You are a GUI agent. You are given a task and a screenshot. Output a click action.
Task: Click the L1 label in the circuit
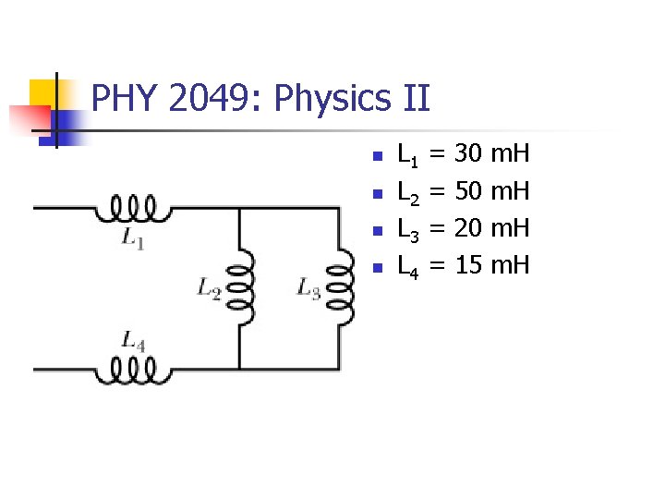click(x=133, y=238)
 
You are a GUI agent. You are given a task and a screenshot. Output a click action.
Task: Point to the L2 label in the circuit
click(x=209, y=288)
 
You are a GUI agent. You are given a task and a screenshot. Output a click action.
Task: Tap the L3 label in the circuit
click(x=308, y=288)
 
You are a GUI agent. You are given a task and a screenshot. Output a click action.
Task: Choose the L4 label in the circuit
click(x=133, y=342)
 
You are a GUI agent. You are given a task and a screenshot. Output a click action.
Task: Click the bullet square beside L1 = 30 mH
click(x=374, y=156)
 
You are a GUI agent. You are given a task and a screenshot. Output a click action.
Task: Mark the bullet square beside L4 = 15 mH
click(x=374, y=269)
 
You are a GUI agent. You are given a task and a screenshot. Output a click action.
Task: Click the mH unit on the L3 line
click(x=510, y=229)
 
